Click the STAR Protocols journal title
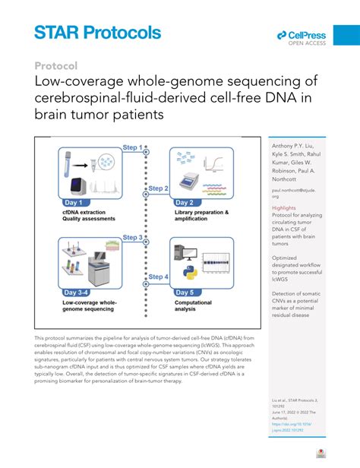click(98, 32)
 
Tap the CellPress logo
click(302, 37)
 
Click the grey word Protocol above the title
click(56, 65)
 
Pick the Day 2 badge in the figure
click(188, 202)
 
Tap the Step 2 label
click(157, 188)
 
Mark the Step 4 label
click(158, 277)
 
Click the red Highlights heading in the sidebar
click(284, 207)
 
